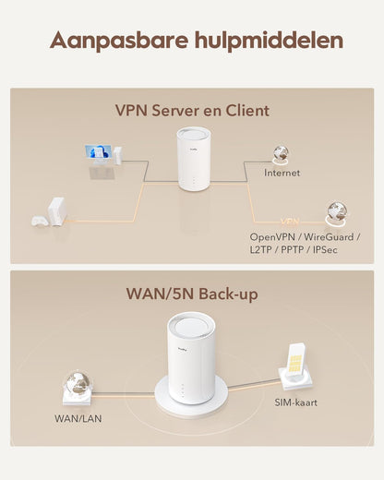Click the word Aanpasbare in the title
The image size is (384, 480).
click(119, 41)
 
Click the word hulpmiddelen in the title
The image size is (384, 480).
click(269, 40)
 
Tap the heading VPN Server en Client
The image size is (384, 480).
click(192, 111)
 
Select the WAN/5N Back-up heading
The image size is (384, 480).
click(192, 294)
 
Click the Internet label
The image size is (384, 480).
click(282, 173)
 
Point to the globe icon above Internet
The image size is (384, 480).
click(281, 154)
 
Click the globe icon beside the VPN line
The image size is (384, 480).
click(337, 213)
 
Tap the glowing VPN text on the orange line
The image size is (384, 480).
click(290, 222)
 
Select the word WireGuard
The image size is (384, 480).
click(329, 237)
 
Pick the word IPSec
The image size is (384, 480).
click(325, 249)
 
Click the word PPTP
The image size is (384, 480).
click(292, 249)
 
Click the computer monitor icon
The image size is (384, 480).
click(98, 154)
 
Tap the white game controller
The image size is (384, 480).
click(40, 222)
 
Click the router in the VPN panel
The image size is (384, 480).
click(194, 160)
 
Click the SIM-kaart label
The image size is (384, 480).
click(295, 402)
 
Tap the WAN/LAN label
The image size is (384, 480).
click(78, 418)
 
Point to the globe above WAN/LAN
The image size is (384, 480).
click(78, 383)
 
